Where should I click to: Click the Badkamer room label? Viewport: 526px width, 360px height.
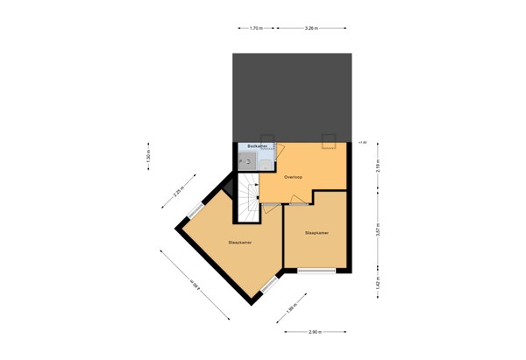[x=257, y=145]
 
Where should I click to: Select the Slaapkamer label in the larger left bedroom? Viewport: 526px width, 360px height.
[x=239, y=241]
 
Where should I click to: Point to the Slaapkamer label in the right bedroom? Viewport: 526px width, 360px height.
[x=316, y=233]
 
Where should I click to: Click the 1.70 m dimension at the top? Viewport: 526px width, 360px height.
[x=256, y=28]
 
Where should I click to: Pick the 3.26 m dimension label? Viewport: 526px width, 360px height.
[x=310, y=28]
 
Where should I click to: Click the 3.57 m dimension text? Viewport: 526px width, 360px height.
[x=378, y=232]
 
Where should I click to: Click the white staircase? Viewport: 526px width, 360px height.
[x=246, y=199]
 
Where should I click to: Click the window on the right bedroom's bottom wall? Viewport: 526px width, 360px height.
[x=316, y=271]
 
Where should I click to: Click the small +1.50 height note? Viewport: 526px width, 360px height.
[x=362, y=142]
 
